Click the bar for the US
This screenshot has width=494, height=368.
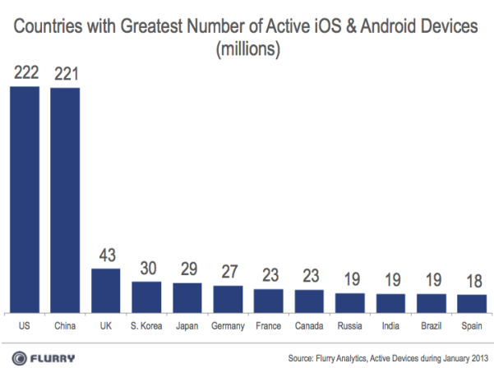pyautogui.click(x=25, y=197)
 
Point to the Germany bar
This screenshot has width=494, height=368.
pyautogui.click(x=228, y=297)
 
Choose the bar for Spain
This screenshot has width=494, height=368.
pyautogui.click(x=472, y=301)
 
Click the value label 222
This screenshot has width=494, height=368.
pyautogui.click(x=25, y=74)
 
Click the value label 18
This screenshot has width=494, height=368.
pyautogui.click(x=472, y=282)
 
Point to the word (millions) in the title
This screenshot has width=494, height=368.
pyautogui.click(x=247, y=48)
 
